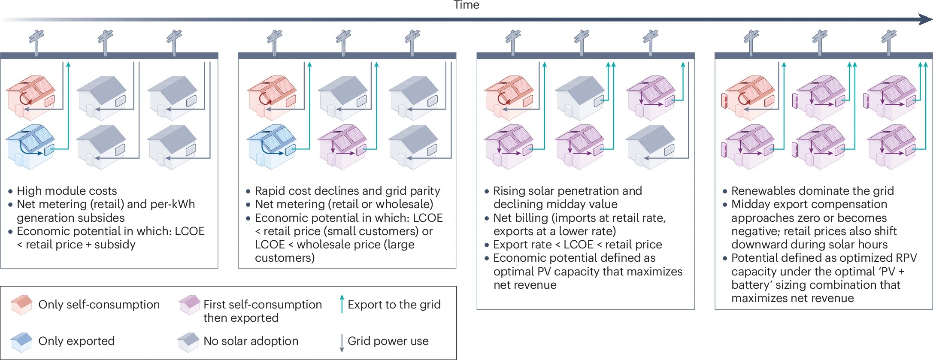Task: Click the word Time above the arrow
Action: pyautogui.click(x=466, y=5)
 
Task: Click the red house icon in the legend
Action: pyautogui.click(x=21, y=305)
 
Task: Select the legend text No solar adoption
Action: pyautogui.click(x=251, y=341)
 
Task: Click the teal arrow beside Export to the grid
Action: pyautogui.click(x=342, y=304)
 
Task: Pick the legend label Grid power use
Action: pyautogui.click(x=388, y=341)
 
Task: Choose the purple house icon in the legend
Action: pyautogui.click(x=189, y=305)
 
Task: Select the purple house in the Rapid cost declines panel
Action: pyautogui.click(x=342, y=146)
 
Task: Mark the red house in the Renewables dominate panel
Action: pyautogui.click(x=748, y=97)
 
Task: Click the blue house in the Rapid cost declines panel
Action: pyautogui.click(x=272, y=146)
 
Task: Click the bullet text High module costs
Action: pyautogui.click(x=67, y=191)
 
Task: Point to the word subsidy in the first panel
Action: pyautogui.click(x=115, y=245)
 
